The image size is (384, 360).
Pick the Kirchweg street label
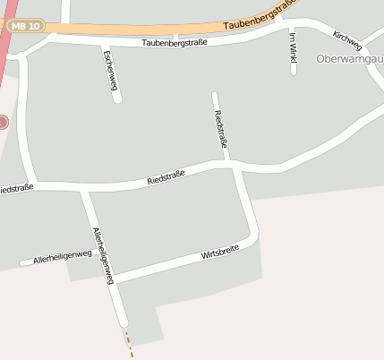tap(346, 40)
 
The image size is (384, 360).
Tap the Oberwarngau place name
tap(350, 59)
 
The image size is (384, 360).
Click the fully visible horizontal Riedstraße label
tap(166, 178)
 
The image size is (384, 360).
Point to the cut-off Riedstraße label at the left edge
tap(16, 188)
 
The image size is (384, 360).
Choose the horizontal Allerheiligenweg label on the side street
tap(63, 258)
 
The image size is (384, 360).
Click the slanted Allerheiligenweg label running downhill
tap(104, 255)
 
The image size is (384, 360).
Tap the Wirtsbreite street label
tap(219, 255)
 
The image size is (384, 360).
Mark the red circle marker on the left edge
tap(3, 122)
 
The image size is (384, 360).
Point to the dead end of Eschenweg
tap(117, 99)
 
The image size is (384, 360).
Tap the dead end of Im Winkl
tap(294, 71)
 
